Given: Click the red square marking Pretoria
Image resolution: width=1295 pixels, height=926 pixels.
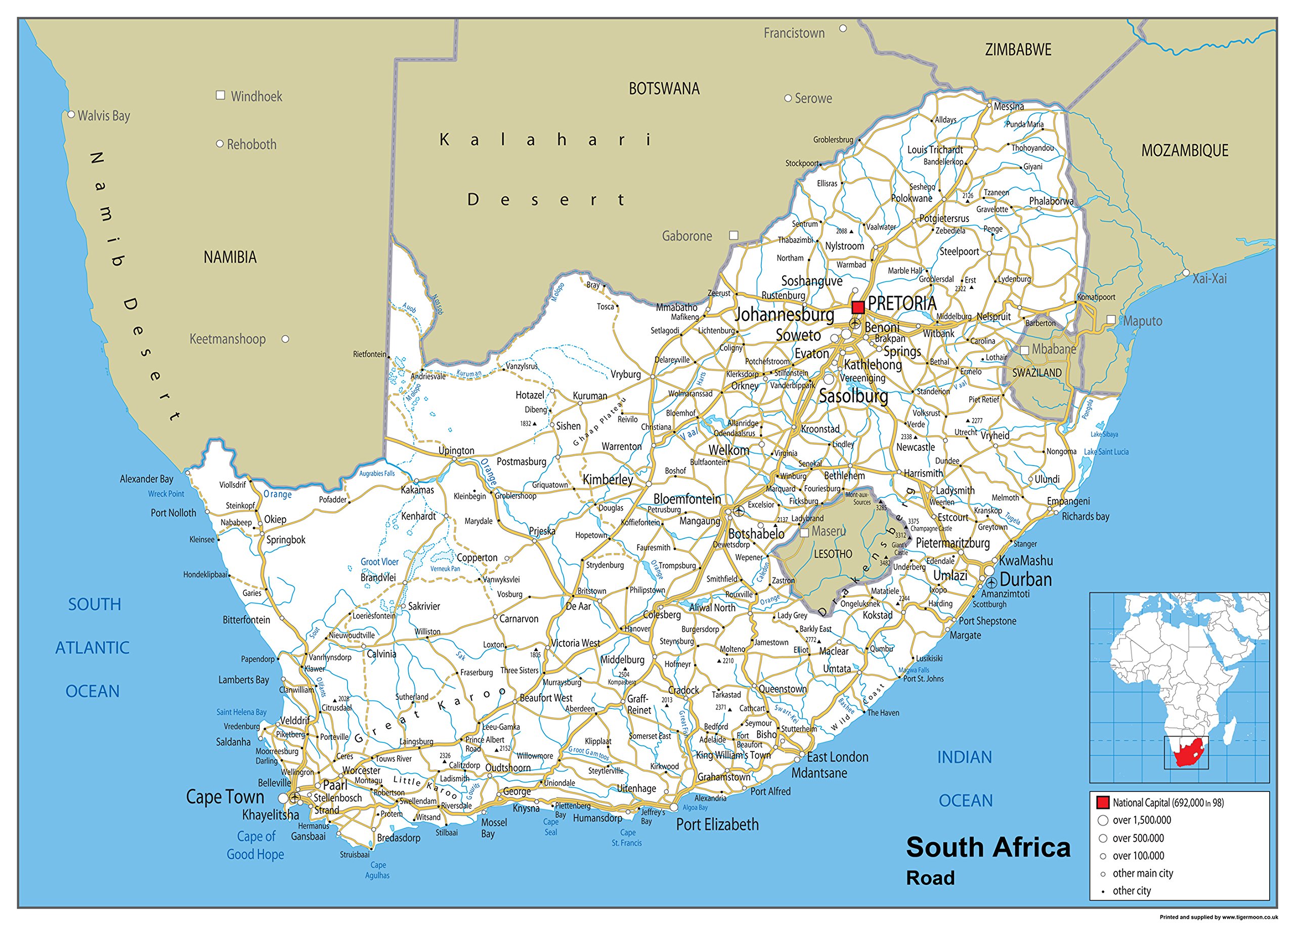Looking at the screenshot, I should pyautogui.click(x=858, y=307).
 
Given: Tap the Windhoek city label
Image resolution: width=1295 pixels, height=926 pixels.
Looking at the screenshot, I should pyautogui.click(x=256, y=96).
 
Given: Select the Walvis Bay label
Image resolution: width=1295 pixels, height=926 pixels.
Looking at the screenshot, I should pyautogui.click(x=104, y=116).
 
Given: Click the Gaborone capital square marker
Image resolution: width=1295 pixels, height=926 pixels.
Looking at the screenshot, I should pyautogui.click(x=734, y=235).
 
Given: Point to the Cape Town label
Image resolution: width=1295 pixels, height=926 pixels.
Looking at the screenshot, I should pyautogui.click(x=225, y=796).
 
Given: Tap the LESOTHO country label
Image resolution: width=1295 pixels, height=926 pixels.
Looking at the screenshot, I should pyautogui.click(x=833, y=554).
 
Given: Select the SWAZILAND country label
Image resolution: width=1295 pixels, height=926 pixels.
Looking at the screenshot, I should pyautogui.click(x=1037, y=373).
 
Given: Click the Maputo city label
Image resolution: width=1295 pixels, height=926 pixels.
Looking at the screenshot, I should pyautogui.click(x=1142, y=321).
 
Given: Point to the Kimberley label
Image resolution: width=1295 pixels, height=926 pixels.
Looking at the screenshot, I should pyautogui.click(x=608, y=480).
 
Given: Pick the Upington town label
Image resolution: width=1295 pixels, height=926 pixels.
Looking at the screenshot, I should pyautogui.click(x=456, y=450).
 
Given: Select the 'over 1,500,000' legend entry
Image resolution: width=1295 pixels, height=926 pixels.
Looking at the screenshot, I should pyautogui.click(x=1141, y=820).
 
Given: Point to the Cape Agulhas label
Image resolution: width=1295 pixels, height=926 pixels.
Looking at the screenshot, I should pyautogui.click(x=377, y=870).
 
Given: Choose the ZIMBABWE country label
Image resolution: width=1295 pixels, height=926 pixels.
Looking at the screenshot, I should pyautogui.click(x=1018, y=50).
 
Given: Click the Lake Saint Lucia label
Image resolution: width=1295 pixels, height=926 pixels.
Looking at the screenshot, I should pyautogui.click(x=1106, y=451).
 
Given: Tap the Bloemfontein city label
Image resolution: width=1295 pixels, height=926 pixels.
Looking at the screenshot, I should pyautogui.click(x=687, y=499).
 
